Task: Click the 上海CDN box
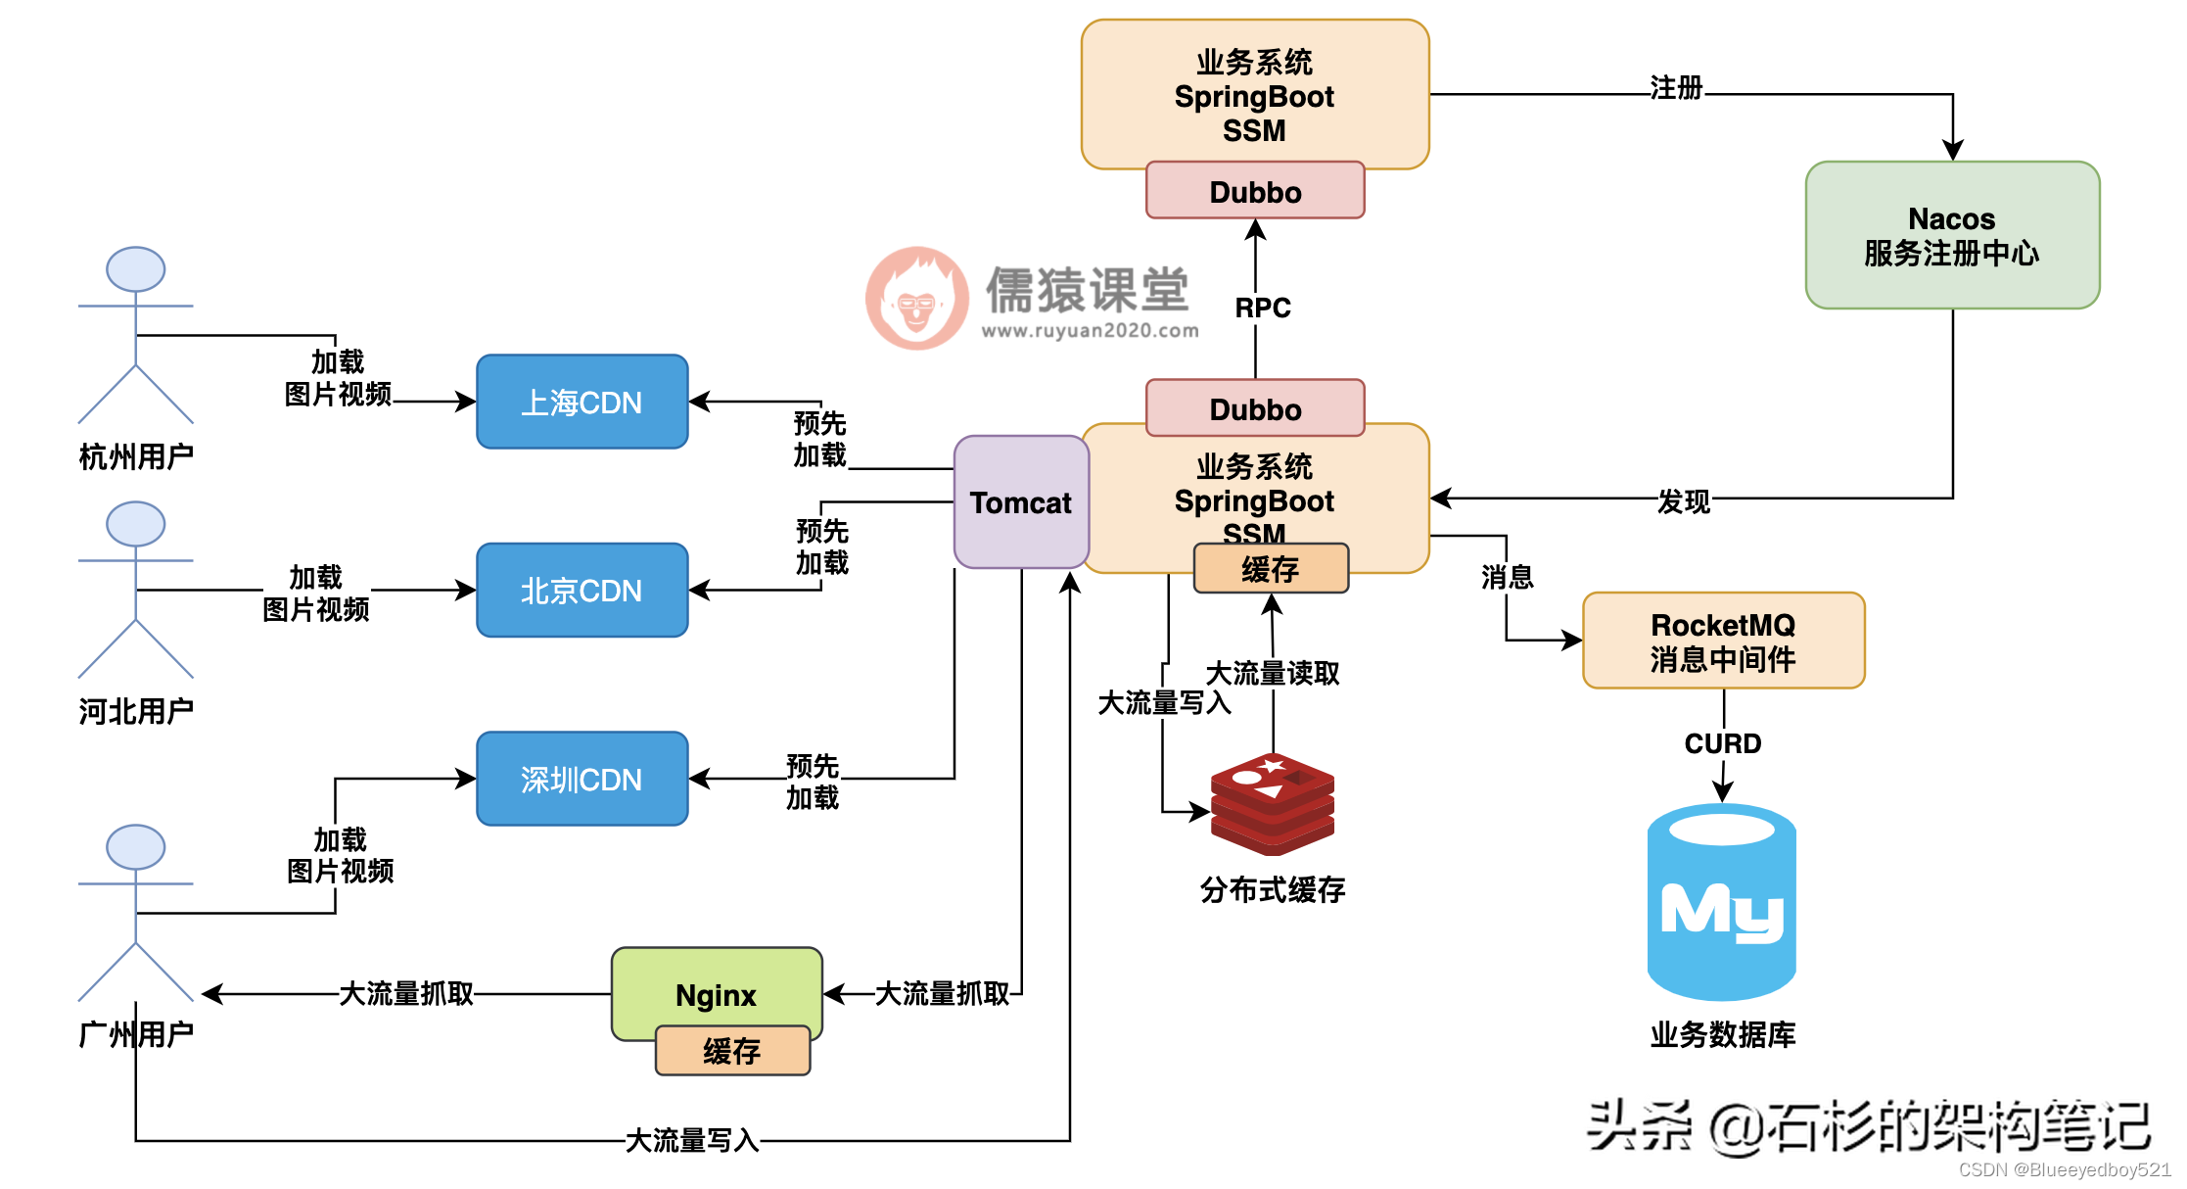[x=582, y=402]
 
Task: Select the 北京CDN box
[x=582, y=590]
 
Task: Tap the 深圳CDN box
[x=582, y=779]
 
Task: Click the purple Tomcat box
[x=1020, y=502]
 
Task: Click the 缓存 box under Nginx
[x=731, y=1051]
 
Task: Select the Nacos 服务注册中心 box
[x=1951, y=235]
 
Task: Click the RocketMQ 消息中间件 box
[x=1723, y=641]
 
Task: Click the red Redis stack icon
[x=1272, y=803]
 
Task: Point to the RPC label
[x=1262, y=308]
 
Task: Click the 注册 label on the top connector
[x=1675, y=88]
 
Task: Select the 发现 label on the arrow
[x=1683, y=501]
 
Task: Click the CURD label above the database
[x=1722, y=743]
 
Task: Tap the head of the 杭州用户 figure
[x=135, y=268]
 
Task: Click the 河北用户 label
[x=136, y=711]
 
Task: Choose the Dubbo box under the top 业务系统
[x=1254, y=191]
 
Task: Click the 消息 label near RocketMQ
[x=1506, y=577]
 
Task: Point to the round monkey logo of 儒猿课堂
[x=916, y=298]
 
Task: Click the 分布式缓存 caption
[x=1272, y=889]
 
